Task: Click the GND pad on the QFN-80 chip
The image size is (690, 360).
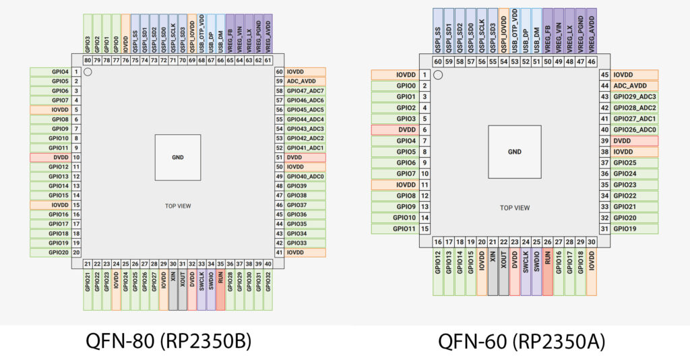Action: tap(178, 157)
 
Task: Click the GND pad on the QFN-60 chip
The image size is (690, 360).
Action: tap(515, 152)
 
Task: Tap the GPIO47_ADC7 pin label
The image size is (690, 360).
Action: tap(306, 90)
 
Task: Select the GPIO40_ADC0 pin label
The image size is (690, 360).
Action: tap(306, 176)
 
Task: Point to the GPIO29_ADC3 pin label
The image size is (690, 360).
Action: tap(633, 97)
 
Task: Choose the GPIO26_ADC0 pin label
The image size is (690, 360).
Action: tap(633, 129)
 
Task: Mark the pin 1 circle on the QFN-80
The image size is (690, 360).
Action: tap(88, 68)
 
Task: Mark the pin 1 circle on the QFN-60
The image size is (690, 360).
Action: tap(438, 75)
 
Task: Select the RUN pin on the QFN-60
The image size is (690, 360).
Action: tap(547, 276)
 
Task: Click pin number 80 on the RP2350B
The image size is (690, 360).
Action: tap(88, 60)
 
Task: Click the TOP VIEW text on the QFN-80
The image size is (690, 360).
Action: tap(178, 206)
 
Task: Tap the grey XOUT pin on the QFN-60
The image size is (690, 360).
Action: tap(503, 276)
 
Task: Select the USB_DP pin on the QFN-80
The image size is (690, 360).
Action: tap(212, 33)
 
